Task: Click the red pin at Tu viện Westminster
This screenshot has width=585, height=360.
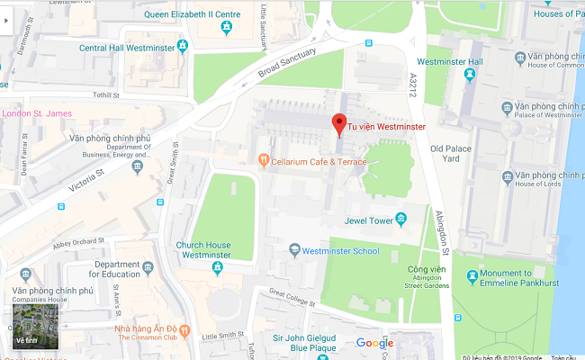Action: [x=339, y=124]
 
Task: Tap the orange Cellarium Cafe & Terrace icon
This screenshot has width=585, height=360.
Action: [x=263, y=161]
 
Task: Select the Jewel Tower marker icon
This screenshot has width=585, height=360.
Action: [x=401, y=218]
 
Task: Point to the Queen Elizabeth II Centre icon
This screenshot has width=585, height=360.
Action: [x=226, y=29]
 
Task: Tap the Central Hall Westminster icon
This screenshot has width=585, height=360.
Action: [x=183, y=46]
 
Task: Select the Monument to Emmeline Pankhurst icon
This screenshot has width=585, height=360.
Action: [x=472, y=274]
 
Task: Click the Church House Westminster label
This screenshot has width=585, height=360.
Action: [x=203, y=250]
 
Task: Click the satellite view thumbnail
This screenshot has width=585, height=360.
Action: [x=35, y=326]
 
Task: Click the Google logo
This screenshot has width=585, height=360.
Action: [x=374, y=343]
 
